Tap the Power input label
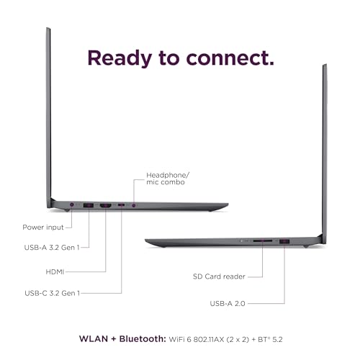[x=43, y=228]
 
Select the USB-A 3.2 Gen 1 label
[x=52, y=247]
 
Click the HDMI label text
[x=55, y=272]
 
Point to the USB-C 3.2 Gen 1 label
[x=52, y=293]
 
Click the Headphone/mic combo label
[x=168, y=179]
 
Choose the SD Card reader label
[x=219, y=276]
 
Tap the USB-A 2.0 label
[x=228, y=304]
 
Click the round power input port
[x=72, y=204]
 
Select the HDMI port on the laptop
[x=106, y=205]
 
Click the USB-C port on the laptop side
[x=121, y=205]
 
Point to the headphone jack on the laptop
[x=134, y=205]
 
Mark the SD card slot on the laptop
[x=263, y=240]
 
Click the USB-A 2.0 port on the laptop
[x=284, y=241]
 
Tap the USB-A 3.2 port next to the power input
[x=89, y=205]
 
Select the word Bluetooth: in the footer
[x=143, y=339]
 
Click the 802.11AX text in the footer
[x=209, y=340]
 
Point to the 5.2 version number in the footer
[x=278, y=340]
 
